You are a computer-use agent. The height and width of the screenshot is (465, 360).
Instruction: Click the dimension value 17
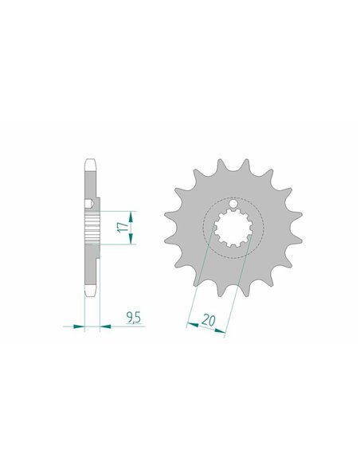point(123,228)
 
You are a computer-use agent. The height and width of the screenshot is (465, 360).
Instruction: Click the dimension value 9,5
point(134,318)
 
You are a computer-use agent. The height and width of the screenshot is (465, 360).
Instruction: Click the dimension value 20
point(208,321)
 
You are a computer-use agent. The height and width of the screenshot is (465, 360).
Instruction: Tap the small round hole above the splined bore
point(233,204)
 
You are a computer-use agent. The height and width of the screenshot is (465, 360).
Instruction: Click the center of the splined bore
point(233,228)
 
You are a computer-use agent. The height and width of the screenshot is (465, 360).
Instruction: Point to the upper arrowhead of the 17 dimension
point(130,217)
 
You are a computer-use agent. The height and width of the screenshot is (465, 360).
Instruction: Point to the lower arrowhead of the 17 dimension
point(130,239)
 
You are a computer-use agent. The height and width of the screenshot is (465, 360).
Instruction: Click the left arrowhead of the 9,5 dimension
point(79,326)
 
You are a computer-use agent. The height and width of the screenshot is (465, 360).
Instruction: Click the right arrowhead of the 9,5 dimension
point(106,326)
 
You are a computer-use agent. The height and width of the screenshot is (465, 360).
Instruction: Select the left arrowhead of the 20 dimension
point(193,325)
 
